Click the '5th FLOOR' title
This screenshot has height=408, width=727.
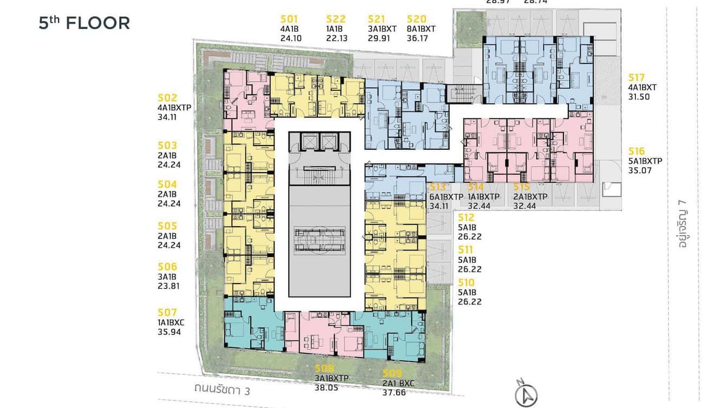(84, 23)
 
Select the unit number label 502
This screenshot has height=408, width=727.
(167, 98)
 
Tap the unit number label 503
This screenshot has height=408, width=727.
(167, 146)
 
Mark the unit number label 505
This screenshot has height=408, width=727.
(167, 226)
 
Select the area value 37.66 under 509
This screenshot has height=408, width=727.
(394, 392)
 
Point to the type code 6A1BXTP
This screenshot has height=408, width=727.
(446, 197)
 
